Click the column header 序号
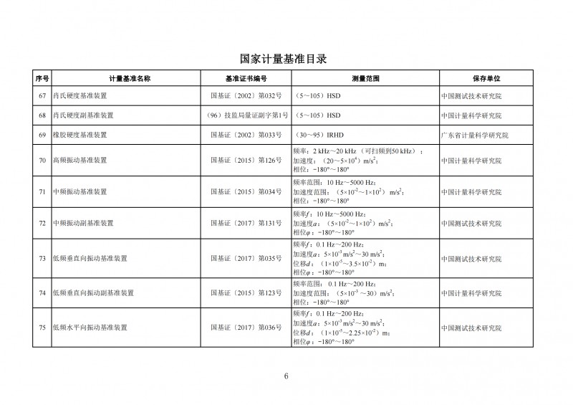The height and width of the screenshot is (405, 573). coord(42,77)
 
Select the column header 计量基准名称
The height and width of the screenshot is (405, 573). coord(130,77)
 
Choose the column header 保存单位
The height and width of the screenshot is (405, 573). coord(486,77)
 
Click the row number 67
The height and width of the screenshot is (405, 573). coord(42,95)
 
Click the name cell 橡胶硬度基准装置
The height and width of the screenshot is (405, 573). coord(80,135)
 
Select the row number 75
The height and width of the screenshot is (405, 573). coord(42,328)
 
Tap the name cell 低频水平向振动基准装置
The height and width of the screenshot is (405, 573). coord(90,328)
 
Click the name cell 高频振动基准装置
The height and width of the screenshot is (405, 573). coord(80,161)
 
